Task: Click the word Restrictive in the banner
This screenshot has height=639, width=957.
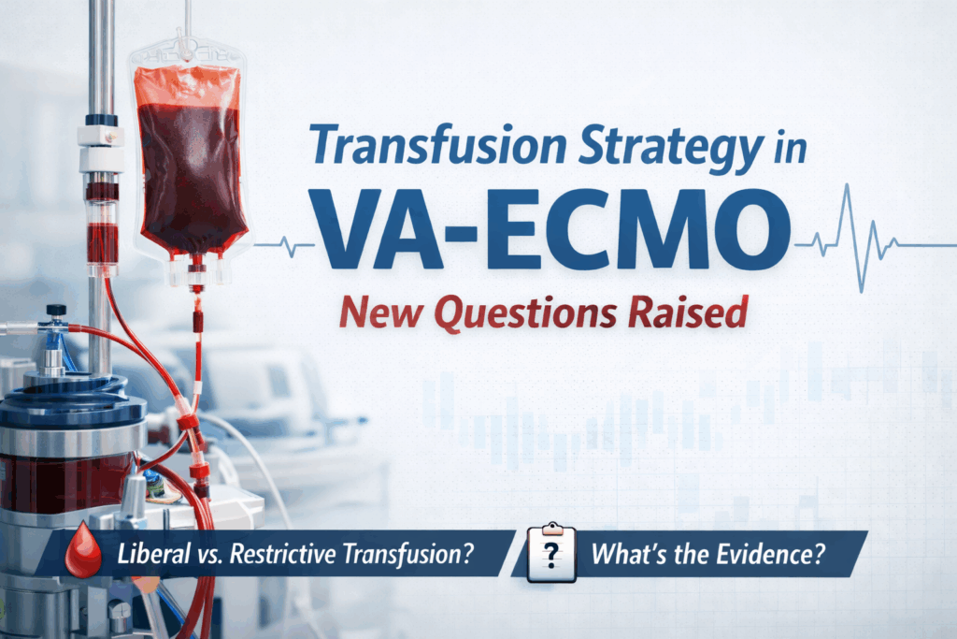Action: coord(295,555)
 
